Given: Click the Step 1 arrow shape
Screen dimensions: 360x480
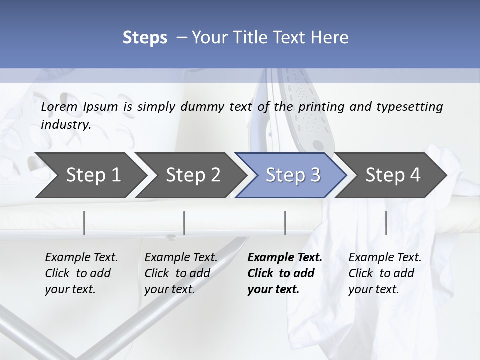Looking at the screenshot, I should pyautogui.click(x=93, y=175).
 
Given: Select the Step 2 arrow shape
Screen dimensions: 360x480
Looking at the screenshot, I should pyautogui.click(x=193, y=175).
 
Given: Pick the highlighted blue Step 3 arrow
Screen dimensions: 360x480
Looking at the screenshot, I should pyautogui.click(x=293, y=175).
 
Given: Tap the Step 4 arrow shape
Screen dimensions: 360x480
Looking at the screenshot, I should pyautogui.click(x=393, y=175).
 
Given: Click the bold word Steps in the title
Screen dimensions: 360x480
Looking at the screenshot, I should pyautogui.click(x=145, y=37).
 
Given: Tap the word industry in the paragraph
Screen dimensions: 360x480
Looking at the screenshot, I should pyautogui.click(x=65, y=124).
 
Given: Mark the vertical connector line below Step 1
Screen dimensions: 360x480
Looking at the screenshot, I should pyautogui.click(x=84, y=223).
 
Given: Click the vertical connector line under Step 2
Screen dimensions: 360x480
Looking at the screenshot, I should pyautogui.click(x=184, y=223).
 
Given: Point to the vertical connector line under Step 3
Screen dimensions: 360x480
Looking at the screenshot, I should pyautogui.click(x=285, y=223).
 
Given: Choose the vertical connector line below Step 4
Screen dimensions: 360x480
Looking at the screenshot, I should pyautogui.click(x=386, y=223).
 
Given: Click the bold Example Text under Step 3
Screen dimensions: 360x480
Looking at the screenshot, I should pyautogui.click(x=285, y=257).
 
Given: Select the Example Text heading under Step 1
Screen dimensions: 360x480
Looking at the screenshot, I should pyautogui.click(x=81, y=257).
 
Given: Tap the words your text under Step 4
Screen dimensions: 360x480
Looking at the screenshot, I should pyautogui.click(x=373, y=289).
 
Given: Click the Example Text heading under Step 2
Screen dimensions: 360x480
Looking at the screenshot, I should pyautogui.click(x=181, y=257).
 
